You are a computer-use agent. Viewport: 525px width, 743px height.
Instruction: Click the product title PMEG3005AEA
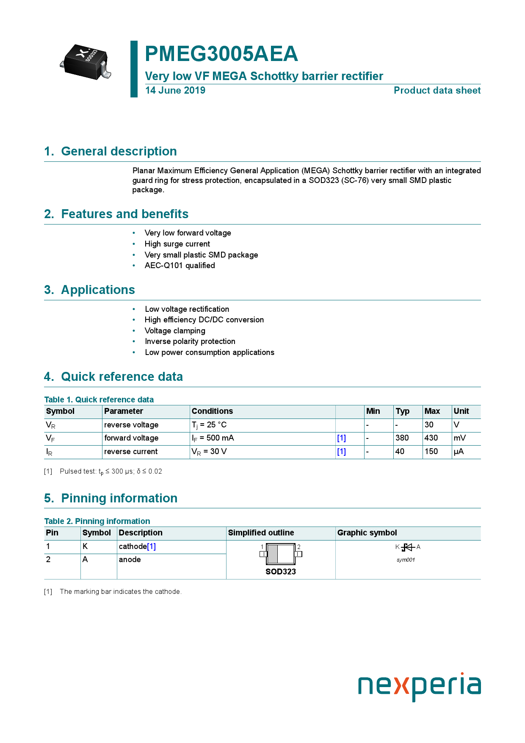[221, 54]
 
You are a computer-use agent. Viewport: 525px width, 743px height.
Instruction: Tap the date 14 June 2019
[175, 90]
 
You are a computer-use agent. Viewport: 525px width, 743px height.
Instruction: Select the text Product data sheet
[437, 90]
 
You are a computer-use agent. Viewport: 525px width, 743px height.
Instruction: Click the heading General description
[119, 151]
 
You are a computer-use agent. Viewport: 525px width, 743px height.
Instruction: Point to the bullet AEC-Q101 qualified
[180, 266]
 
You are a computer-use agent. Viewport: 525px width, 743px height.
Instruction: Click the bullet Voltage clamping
[175, 331]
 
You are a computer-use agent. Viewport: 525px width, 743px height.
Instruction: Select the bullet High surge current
[177, 244]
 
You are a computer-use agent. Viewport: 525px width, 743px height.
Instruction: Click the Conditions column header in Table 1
[212, 411]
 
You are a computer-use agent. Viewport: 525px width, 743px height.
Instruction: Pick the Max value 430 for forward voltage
[431, 438]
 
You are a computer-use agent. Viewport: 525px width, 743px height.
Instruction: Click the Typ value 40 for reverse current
[400, 452]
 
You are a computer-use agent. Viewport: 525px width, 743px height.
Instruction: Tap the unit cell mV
[459, 438]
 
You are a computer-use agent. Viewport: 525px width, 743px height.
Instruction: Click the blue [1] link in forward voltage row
[341, 438]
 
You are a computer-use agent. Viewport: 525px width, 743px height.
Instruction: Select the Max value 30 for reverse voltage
[429, 425]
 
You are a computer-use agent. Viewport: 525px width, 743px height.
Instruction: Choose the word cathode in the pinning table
[133, 546]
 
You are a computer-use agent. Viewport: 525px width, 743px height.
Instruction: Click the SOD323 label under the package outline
[281, 572]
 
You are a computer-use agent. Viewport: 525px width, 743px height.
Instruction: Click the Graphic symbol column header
[367, 533]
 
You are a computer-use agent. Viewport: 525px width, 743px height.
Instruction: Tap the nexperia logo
[419, 686]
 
